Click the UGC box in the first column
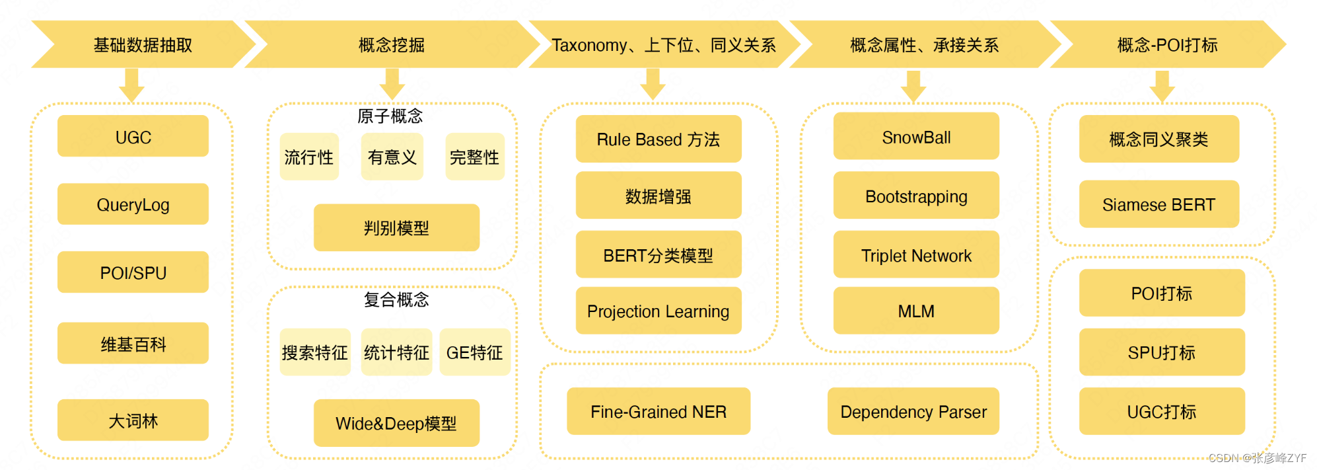[133, 136]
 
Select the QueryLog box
[133, 204]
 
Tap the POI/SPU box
[133, 272]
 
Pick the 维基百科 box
[133, 344]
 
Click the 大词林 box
[133, 420]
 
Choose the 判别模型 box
[396, 228]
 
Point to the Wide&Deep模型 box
[396, 423]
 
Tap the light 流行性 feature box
[309, 157]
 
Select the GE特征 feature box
[475, 352]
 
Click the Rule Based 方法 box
[658, 139]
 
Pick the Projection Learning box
[658, 311]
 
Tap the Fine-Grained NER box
[658, 411]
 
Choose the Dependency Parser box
[913, 411]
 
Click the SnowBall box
[916, 136]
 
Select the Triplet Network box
[916, 255]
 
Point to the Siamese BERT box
[1159, 204]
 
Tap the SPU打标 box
[1162, 352]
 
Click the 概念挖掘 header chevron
[392, 44]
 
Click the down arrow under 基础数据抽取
[131, 85]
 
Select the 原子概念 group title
[390, 116]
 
